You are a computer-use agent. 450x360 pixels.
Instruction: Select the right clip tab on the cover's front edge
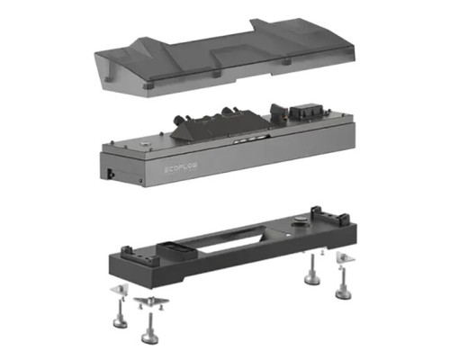pyautogui.click(x=286, y=63)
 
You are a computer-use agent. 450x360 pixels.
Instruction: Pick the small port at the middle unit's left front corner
pyautogui.click(x=109, y=171)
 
